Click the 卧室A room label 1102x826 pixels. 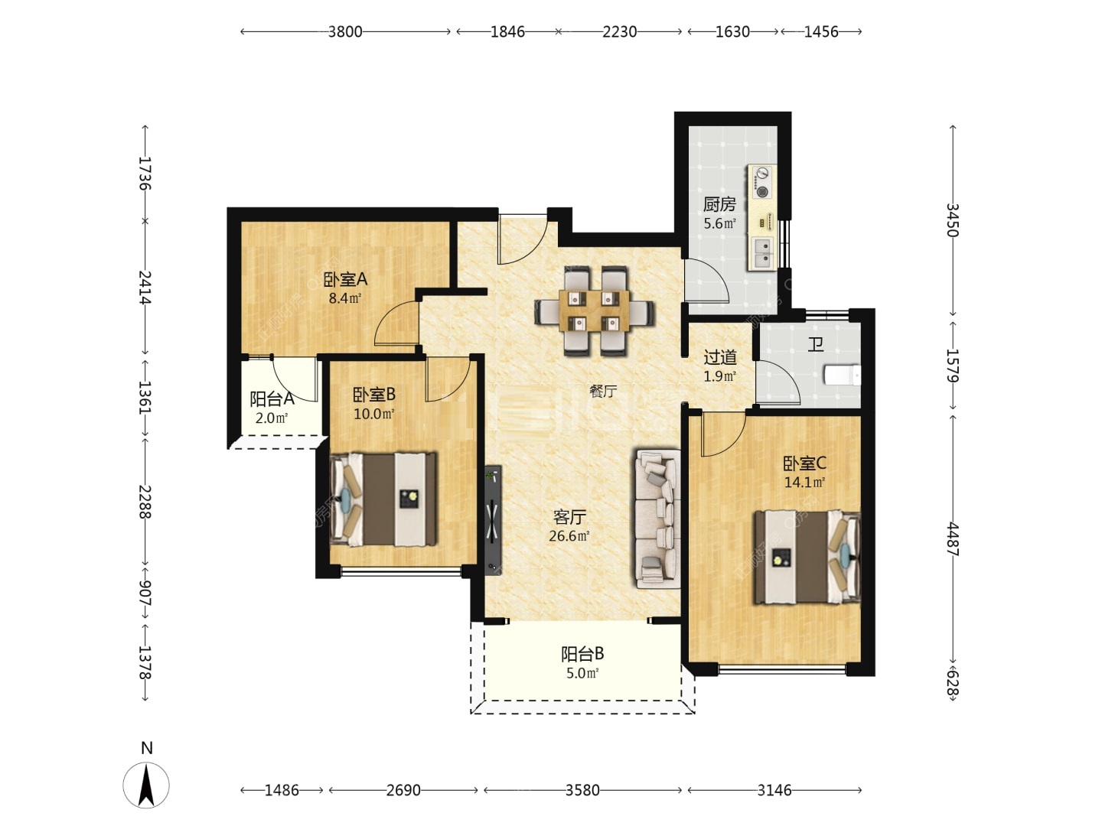pyautogui.click(x=345, y=279)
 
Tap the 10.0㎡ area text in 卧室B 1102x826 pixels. pyautogui.click(x=374, y=414)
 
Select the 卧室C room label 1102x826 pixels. pyautogui.click(x=804, y=463)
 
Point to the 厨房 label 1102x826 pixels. pyautogui.click(x=719, y=204)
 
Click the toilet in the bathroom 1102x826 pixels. pyautogui.click(x=843, y=375)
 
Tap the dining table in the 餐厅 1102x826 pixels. pyautogui.click(x=594, y=311)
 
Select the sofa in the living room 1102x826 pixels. pyautogui.click(x=657, y=519)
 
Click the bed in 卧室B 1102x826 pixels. pyautogui.click(x=383, y=499)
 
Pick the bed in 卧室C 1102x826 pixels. pyautogui.click(x=807, y=557)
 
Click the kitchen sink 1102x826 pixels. pyautogui.click(x=763, y=252)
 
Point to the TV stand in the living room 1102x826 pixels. pyautogui.click(x=493, y=520)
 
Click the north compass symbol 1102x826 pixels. pyautogui.click(x=146, y=785)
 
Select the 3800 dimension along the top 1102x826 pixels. pyautogui.click(x=345, y=31)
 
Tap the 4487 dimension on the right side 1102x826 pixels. pyautogui.click(x=953, y=538)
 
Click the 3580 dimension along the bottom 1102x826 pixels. pyautogui.click(x=582, y=790)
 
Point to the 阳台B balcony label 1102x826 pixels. pyautogui.click(x=582, y=654)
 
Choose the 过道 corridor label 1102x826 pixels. pyautogui.click(x=719, y=357)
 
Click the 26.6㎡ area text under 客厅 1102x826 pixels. pyautogui.click(x=569, y=535)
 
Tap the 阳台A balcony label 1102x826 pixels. pyautogui.click(x=272, y=398)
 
